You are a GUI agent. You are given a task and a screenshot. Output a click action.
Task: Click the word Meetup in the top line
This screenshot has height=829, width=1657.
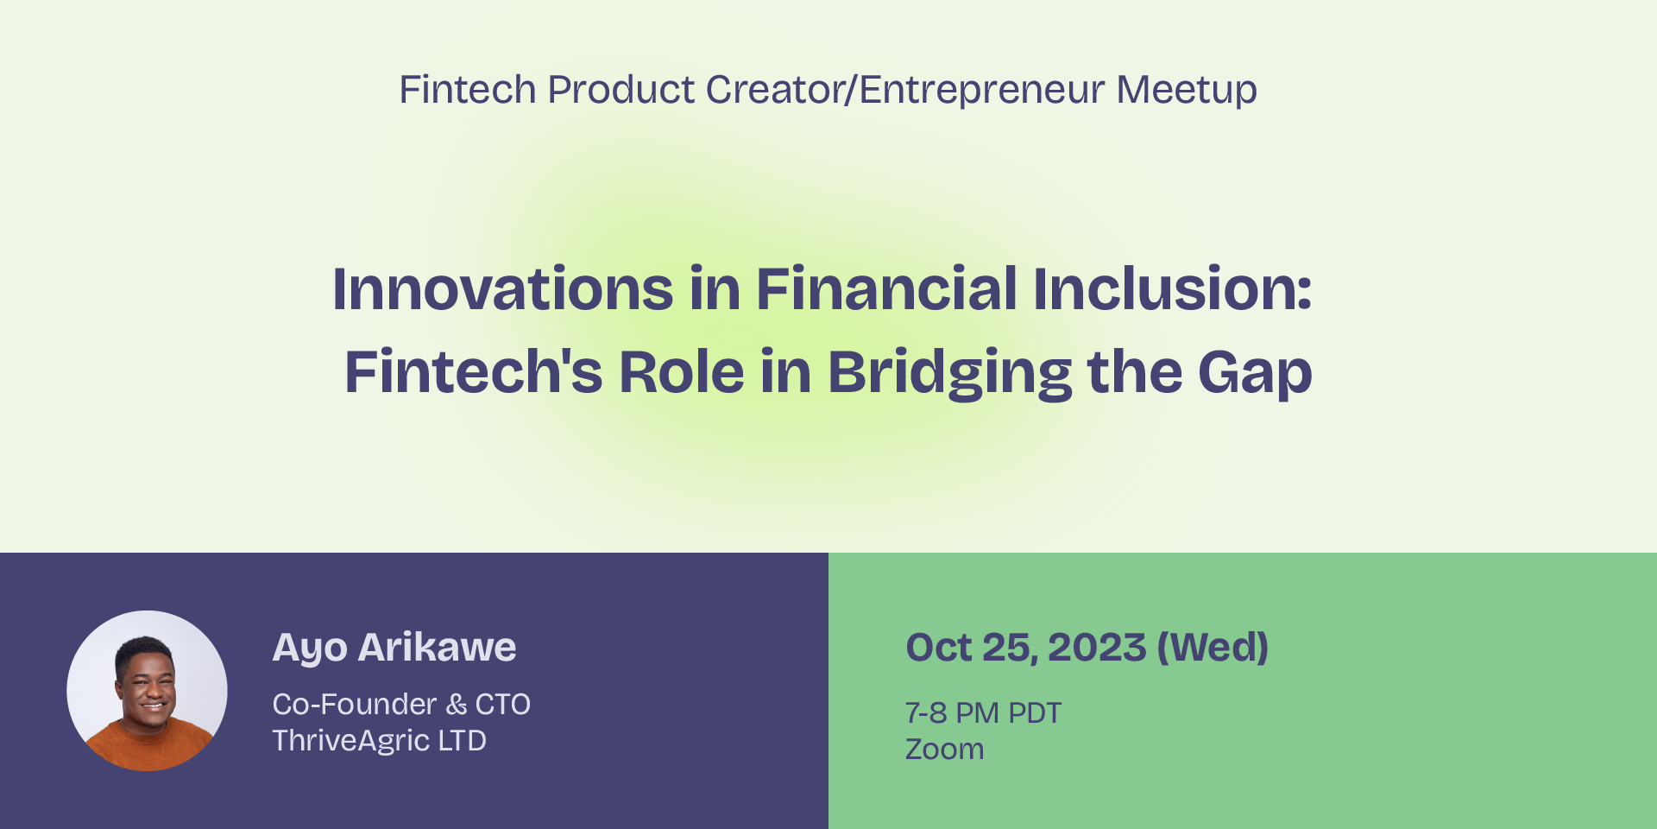[1187, 91]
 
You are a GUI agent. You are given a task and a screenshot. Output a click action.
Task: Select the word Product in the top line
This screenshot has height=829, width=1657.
[621, 90]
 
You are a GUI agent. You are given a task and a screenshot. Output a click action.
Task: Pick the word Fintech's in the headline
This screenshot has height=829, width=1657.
[474, 372]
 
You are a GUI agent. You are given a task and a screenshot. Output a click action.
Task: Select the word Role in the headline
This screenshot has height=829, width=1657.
[682, 372]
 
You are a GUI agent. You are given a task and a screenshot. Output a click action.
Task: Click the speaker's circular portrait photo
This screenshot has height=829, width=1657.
[147, 691]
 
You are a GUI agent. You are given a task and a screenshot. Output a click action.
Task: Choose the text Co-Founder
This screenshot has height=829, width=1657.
[355, 705]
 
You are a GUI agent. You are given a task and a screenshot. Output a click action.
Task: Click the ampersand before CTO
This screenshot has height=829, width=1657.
[457, 705]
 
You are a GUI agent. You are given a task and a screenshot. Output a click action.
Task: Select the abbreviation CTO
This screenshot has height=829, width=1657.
[503, 705]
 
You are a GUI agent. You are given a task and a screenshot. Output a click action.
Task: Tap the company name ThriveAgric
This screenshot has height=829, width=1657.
[351, 741]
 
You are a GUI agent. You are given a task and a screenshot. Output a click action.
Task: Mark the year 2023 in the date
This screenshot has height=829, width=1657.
[1097, 648]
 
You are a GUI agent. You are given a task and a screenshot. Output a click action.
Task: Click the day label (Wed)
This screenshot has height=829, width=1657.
[1213, 648]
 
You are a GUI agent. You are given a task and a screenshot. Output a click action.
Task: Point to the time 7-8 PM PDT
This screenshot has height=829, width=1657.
[983, 713]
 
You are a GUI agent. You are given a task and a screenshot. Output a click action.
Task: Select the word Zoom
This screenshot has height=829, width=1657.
[944, 750]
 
